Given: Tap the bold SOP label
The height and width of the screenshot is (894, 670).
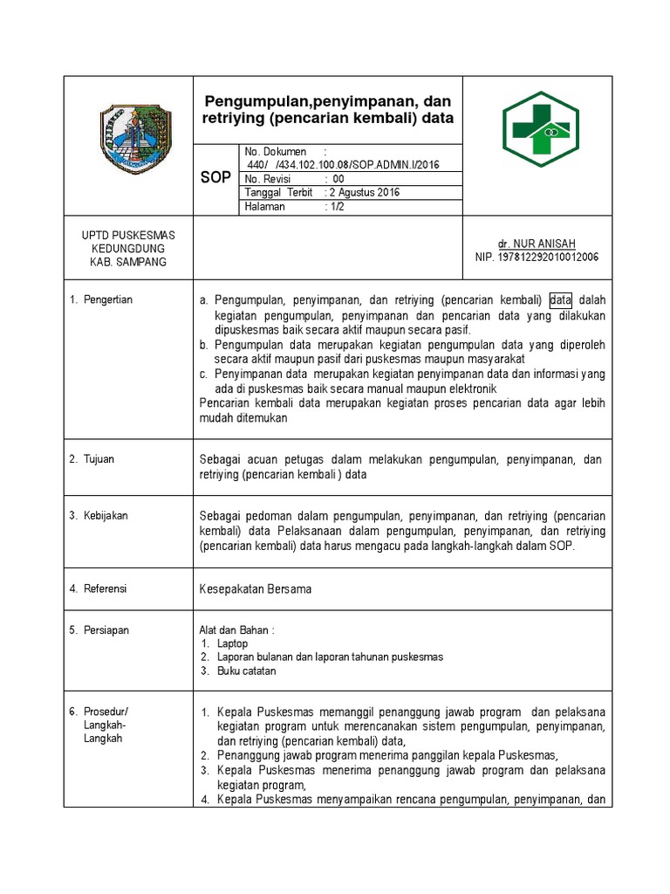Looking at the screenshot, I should (x=215, y=177).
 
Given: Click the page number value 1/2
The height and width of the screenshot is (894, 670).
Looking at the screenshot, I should (x=334, y=207).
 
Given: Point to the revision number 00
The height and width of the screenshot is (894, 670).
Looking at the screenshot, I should (x=338, y=179).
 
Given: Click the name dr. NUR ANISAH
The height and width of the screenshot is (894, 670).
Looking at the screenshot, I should (x=537, y=244).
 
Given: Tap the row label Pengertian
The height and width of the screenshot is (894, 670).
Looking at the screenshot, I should (x=108, y=299).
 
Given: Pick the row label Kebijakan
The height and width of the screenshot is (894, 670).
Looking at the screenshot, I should (x=106, y=515).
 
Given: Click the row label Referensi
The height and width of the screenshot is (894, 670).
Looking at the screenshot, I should (x=105, y=588).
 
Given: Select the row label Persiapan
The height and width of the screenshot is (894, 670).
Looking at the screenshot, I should (x=106, y=629).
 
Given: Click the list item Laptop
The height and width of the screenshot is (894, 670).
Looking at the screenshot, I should (x=233, y=643).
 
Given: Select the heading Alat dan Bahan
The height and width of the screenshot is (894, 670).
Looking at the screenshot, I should (x=237, y=629).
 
